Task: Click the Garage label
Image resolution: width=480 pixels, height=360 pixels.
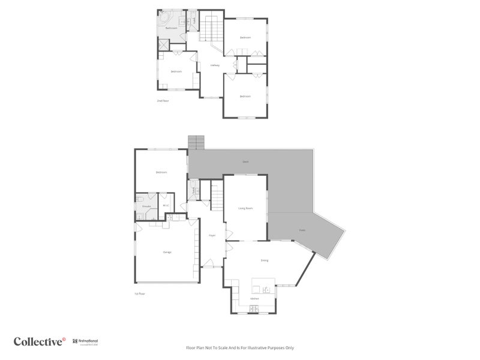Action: pos(167,252)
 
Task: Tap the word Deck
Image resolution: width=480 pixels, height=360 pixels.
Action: pos(245,162)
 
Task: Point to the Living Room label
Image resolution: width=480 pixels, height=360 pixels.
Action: pos(245,208)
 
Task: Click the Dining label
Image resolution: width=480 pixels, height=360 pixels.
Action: pos(264,260)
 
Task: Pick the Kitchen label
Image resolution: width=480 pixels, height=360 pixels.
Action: pos(254,298)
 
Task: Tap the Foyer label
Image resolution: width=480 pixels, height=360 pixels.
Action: pos(212,235)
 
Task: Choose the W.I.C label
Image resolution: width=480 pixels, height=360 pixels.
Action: pos(166,205)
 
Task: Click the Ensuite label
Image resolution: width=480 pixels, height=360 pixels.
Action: pos(146,206)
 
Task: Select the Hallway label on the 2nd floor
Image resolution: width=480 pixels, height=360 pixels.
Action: pos(214,65)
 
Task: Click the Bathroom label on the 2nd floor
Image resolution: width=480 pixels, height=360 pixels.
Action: pos(171,28)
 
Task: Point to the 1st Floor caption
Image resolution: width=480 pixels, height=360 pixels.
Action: pos(140,294)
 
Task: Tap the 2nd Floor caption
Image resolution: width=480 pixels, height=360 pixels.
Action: pos(163,101)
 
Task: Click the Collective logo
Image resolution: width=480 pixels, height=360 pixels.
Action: pos(40,342)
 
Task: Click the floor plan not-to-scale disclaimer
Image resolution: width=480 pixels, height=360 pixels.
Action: pos(240,347)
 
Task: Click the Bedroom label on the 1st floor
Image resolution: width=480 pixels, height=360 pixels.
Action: pos(161,172)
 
